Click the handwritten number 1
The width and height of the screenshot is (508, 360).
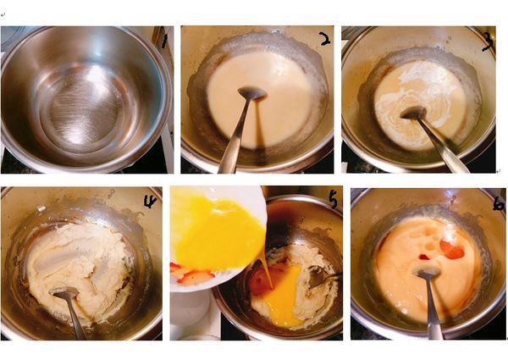pyautogui.click(x=164, y=42)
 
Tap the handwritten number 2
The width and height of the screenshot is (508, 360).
pyautogui.click(x=324, y=39)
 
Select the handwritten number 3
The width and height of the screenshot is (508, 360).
pyautogui.click(x=488, y=42)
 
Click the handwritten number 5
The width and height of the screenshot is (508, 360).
pyautogui.click(x=333, y=201)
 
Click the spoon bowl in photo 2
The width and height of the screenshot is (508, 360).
pyautogui.click(x=252, y=93)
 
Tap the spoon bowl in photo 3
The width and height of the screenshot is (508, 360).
pyautogui.click(x=413, y=113)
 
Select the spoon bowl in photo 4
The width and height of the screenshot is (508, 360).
pyautogui.click(x=65, y=293)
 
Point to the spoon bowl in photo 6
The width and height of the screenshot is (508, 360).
pyautogui.click(x=428, y=274)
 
